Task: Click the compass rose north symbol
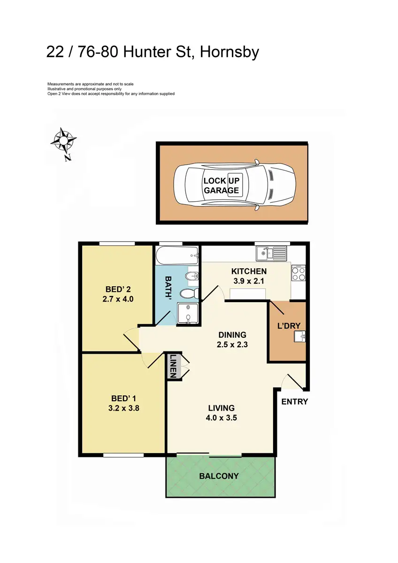tap(63, 140)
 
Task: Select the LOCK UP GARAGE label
tap(221, 186)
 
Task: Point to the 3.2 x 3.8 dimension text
tap(123, 408)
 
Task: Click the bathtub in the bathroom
tap(177, 256)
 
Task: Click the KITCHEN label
tap(249, 271)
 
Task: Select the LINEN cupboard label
tap(173, 366)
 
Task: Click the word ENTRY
tap(295, 402)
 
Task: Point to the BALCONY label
tap(219, 476)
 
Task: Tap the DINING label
tap(232, 335)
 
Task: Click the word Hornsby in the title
tap(229, 52)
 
